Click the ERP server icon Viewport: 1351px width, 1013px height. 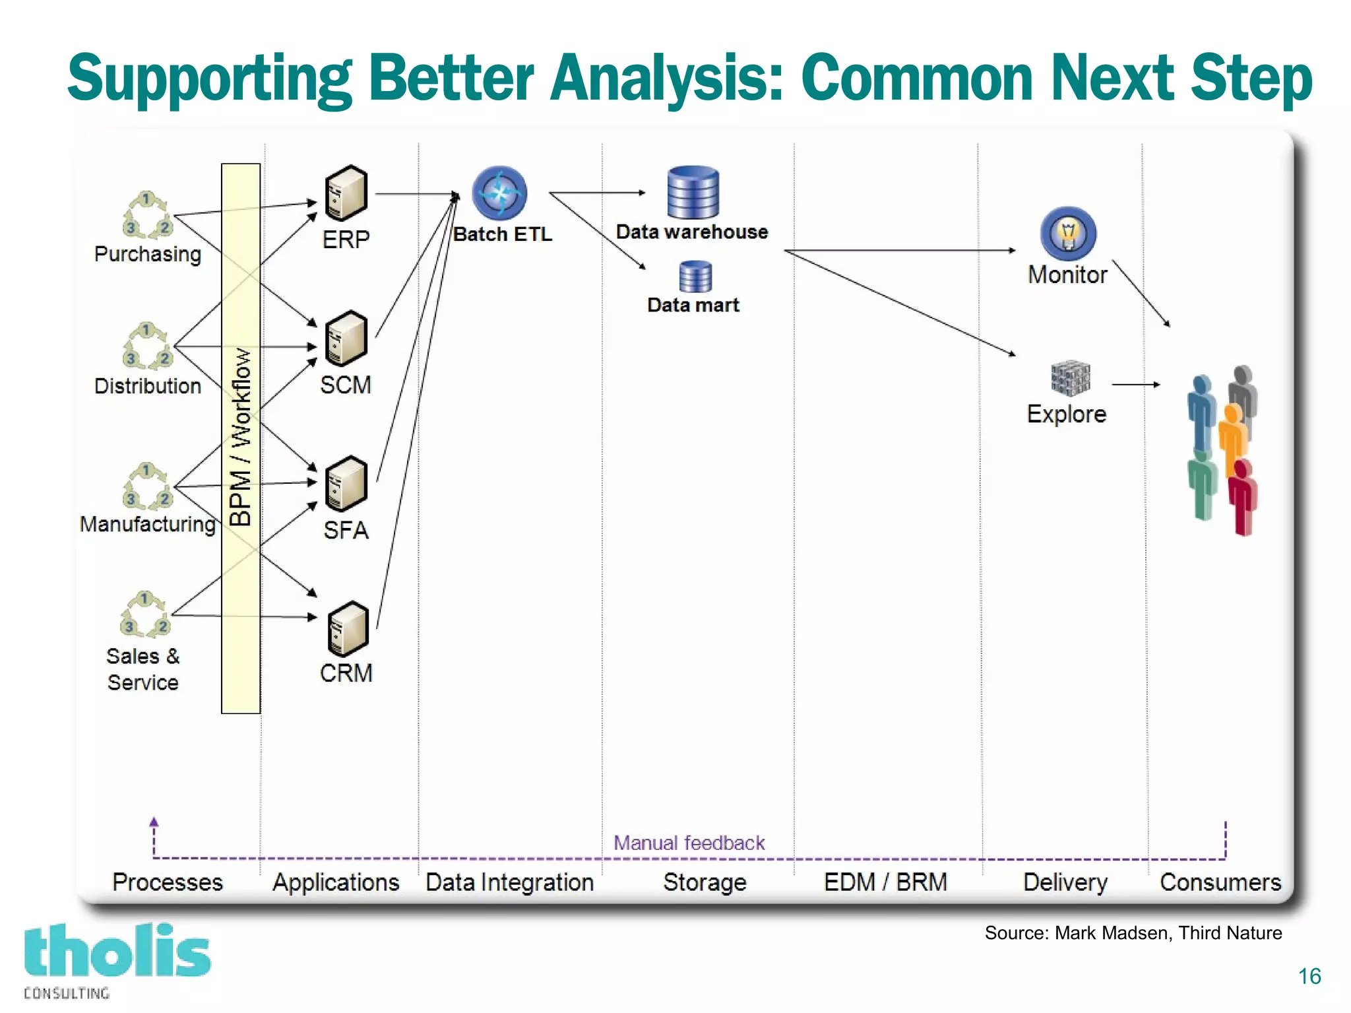click(346, 193)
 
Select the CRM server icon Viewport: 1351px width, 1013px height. click(348, 629)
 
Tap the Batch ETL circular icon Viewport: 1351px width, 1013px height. click(499, 193)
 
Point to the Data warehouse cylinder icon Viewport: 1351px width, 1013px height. click(693, 192)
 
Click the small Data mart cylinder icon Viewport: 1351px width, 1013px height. click(695, 277)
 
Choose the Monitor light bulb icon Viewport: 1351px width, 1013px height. click(1068, 233)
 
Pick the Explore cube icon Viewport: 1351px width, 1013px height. click(1070, 378)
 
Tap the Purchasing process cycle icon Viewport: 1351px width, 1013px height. click(147, 214)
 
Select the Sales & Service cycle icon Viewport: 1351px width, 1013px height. click(145, 614)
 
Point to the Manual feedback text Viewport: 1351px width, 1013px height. click(689, 843)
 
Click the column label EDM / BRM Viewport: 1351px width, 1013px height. click(885, 882)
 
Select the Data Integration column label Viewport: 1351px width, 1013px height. click(509, 882)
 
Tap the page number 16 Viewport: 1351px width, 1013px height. click(1309, 976)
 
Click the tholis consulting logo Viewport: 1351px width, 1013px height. click(117, 960)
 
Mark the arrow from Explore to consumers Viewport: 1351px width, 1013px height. click(1135, 384)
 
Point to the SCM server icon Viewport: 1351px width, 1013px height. click(346, 338)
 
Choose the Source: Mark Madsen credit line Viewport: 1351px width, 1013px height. click(1133, 932)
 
